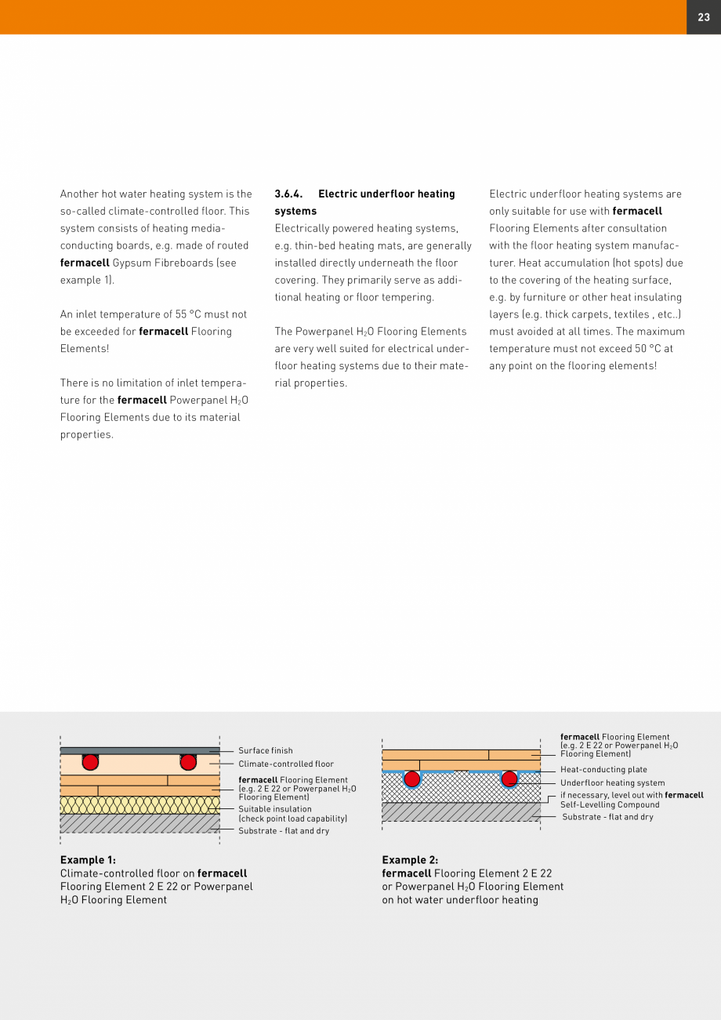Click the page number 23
click(703, 17)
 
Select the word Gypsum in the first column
click(130, 263)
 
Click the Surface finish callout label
click(265, 751)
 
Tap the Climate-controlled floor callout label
click(286, 764)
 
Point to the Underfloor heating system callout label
click(612, 782)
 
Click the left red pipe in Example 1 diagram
click(90, 762)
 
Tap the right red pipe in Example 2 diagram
click(509, 779)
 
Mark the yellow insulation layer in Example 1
click(139, 805)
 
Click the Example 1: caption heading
click(88, 860)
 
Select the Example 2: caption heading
click(410, 860)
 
